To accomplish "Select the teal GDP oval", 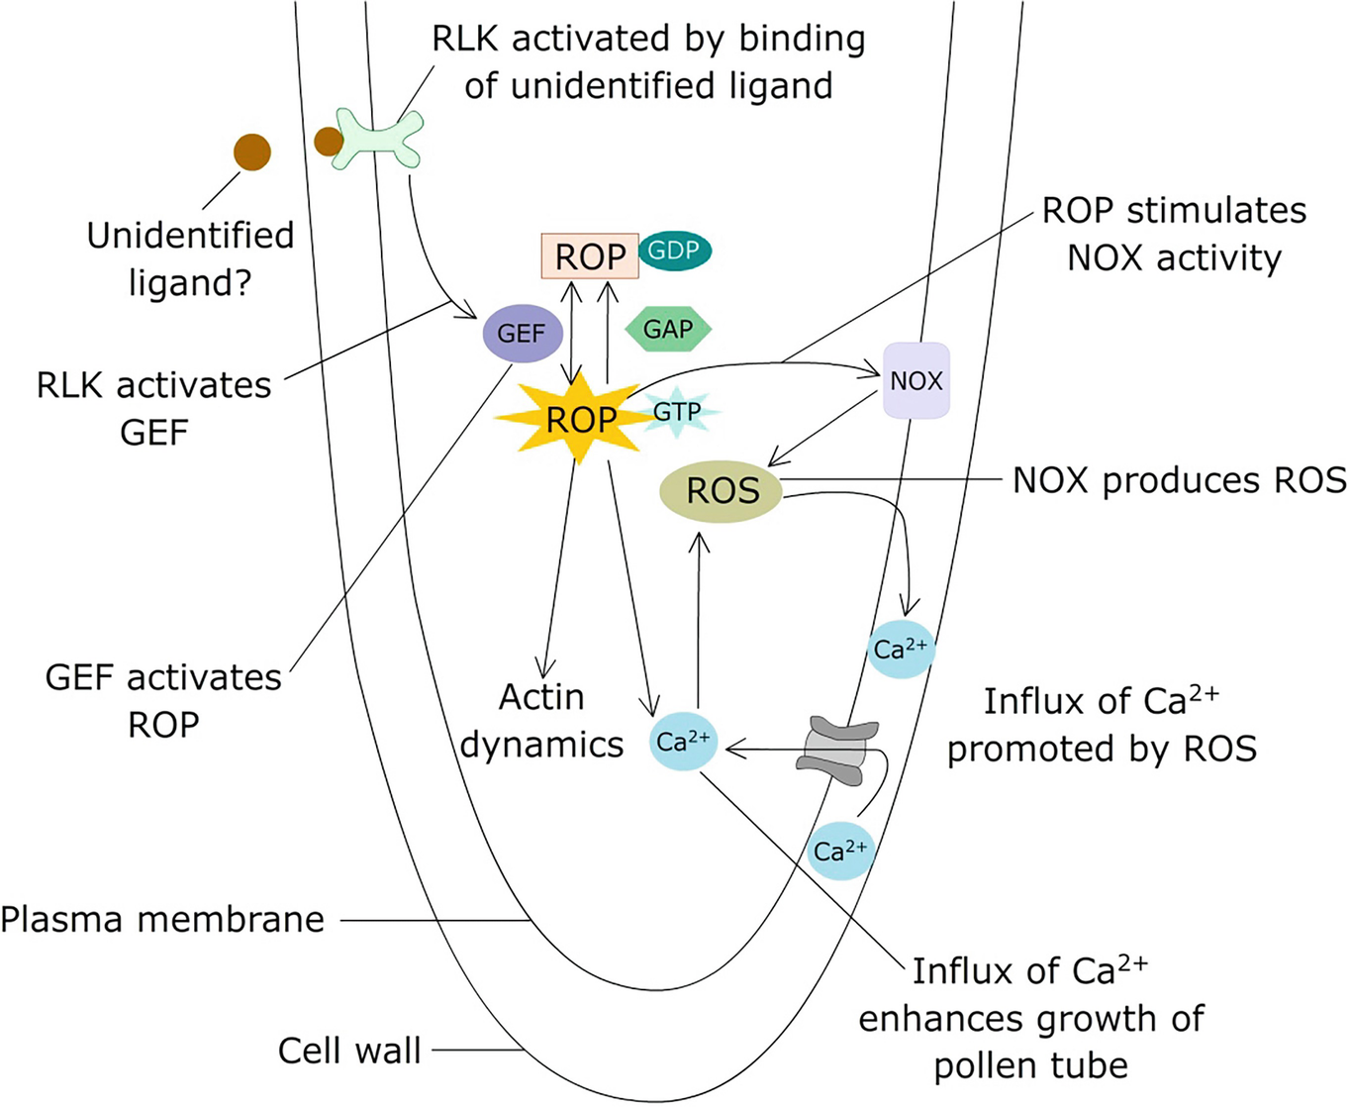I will [674, 251].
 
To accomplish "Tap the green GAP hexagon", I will [668, 330].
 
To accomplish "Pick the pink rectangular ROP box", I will [590, 256].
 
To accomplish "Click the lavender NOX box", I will [916, 380].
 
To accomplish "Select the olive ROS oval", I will [722, 490].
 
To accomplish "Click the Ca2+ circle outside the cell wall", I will [840, 851].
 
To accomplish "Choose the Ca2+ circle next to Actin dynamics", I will [683, 742].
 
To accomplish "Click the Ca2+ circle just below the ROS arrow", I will [901, 650].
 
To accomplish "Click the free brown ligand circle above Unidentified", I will [252, 151].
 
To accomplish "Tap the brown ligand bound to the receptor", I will [328, 142].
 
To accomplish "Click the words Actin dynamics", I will [541, 721].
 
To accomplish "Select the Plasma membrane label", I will [162, 920].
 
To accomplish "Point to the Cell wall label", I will [349, 1051].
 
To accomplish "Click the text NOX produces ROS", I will [1178, 480].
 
